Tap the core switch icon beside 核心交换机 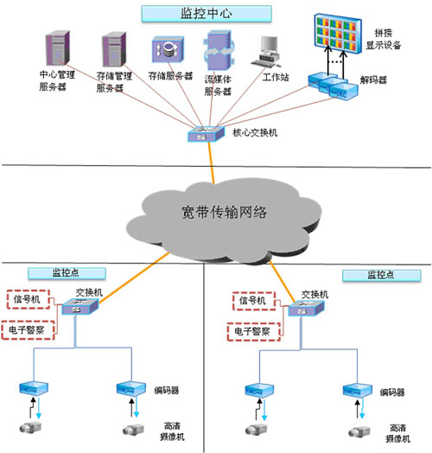204,135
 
